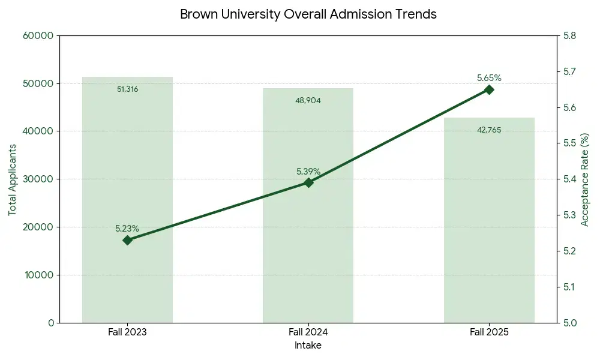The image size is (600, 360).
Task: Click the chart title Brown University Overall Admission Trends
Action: coord(308,14)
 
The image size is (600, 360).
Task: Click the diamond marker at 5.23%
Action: coord(127,240)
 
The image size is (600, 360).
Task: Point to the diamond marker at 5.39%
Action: coord(308,182)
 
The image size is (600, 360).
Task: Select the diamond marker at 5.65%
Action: coord(489,89)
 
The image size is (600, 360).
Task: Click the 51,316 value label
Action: coord(127,89)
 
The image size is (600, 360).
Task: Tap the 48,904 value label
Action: coord(308,101)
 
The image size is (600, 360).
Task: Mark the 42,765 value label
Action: coord(489,130)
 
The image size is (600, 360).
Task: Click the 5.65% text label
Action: coord(489,78)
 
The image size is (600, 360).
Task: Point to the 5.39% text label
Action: coord(308,172)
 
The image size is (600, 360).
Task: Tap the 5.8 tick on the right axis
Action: coord(569,35)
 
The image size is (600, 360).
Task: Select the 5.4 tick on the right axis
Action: coord(569,179)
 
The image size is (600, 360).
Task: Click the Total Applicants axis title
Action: coord(12,179)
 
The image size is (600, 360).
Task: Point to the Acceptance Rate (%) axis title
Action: coord(585,179)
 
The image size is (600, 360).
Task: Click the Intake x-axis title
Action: coord(308,346)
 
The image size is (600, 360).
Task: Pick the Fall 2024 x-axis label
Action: coord(308,332)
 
